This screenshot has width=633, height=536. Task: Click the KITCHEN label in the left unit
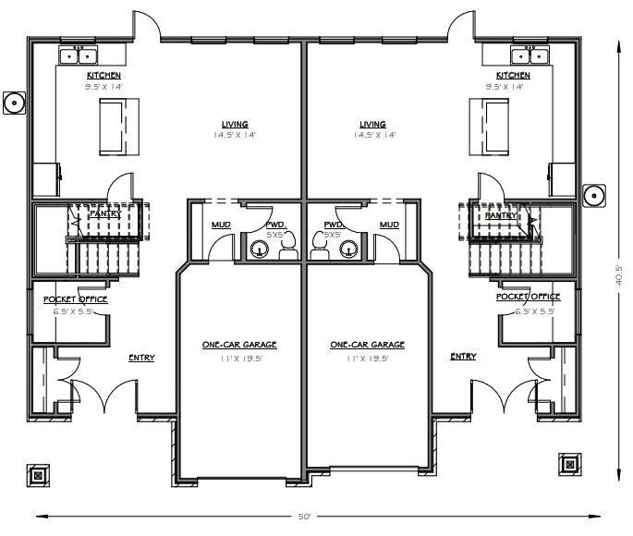point(103,75)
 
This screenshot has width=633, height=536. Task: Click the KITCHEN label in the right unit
point(513,75)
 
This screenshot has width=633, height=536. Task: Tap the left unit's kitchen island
point(114,126)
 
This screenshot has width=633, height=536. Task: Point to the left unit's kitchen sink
point(75,55)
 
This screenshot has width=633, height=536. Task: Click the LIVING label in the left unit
point(235,124)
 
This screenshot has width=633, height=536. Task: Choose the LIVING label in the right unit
point(372,124)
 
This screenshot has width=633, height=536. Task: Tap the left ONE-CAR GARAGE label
point(239,345)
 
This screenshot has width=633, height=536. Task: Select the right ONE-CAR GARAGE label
point(367,345)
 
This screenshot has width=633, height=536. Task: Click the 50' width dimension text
point(304,517)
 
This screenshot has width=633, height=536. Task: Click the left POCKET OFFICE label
point(76,299)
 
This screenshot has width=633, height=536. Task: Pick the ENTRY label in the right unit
point(464,357)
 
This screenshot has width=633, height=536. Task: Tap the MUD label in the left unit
point(222,225)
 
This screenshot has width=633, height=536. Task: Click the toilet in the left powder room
point(287,242)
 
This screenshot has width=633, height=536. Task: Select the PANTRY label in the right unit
point(501,214)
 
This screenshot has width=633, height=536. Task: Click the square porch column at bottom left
point(38,475)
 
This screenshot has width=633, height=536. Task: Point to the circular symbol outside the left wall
point(14,102)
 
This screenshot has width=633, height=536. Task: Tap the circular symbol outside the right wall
point(595,195)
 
